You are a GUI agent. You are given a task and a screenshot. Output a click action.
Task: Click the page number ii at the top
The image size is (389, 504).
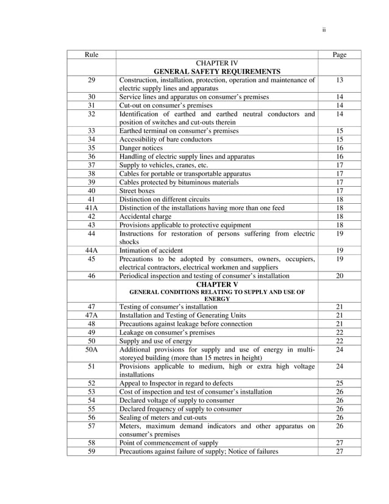point(324,29)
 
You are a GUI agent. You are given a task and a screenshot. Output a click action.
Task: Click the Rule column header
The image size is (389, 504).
point(91,55)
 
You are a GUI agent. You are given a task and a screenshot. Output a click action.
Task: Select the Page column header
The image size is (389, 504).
point(340,55)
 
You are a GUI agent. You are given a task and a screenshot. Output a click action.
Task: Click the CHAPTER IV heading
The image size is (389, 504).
point(217,63)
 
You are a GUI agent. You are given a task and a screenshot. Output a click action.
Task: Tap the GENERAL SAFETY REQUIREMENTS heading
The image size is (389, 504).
point(217,71)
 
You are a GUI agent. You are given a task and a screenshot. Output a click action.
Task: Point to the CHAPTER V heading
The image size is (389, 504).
point(217,284)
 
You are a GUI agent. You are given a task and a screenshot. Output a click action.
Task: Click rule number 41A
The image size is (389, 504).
point(91,208)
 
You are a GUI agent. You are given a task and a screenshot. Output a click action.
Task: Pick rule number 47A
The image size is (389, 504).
point(91,315)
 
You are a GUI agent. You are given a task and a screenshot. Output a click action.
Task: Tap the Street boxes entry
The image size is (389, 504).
point(137,191)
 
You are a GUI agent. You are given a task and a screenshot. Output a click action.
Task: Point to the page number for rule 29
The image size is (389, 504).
point(340,80)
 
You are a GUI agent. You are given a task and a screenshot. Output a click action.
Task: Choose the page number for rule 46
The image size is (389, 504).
point(340,276)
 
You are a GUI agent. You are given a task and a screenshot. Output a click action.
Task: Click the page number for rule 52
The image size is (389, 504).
point(340,383)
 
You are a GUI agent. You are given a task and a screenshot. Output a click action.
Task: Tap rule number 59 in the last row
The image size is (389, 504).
point(91,452)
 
